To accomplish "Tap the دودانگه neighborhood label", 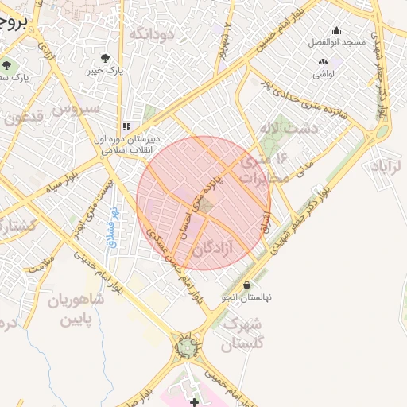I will pyautogui.click(x=151, y=33).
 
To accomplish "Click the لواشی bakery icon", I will pyautogui.click(x=323, y=61).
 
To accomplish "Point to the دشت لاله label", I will pyautogui.click(x=288, y=127).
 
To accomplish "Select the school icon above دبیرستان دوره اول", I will pyautogui.click(x=126, y=126).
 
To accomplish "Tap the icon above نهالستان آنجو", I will pyautogui.click(x=246, y=285).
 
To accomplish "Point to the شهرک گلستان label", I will pyautogui.click(x=238, y=334).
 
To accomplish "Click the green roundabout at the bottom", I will pyautogui.click(x=188, y=347).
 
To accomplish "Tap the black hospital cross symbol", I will pyautogui.click(x=195, y=403).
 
